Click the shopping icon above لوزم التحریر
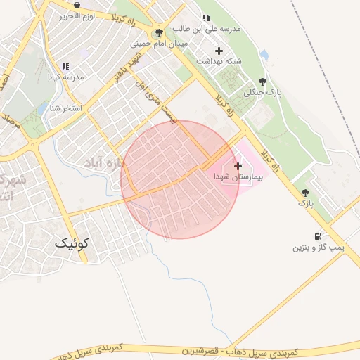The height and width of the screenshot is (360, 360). [x=76, y=5]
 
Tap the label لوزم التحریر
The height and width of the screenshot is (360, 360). [x=76, y=15]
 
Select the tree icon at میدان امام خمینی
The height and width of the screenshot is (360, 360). [x=159, y=32]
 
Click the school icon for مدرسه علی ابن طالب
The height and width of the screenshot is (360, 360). [x=205, y=18]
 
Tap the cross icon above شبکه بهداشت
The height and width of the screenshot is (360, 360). [x=219, y=51]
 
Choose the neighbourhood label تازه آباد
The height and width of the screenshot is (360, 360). [x=111, y=164]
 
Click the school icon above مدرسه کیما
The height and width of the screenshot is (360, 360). [x=65, y=66]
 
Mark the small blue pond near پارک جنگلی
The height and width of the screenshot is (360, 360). [x=264, y=54]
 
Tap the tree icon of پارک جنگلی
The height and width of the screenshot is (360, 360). [x=263, y=82]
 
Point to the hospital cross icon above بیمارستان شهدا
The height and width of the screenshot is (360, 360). [x=238, y=166]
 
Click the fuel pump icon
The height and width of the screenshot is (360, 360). [x=319, y=237]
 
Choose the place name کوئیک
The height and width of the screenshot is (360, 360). [x=72, y=243]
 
